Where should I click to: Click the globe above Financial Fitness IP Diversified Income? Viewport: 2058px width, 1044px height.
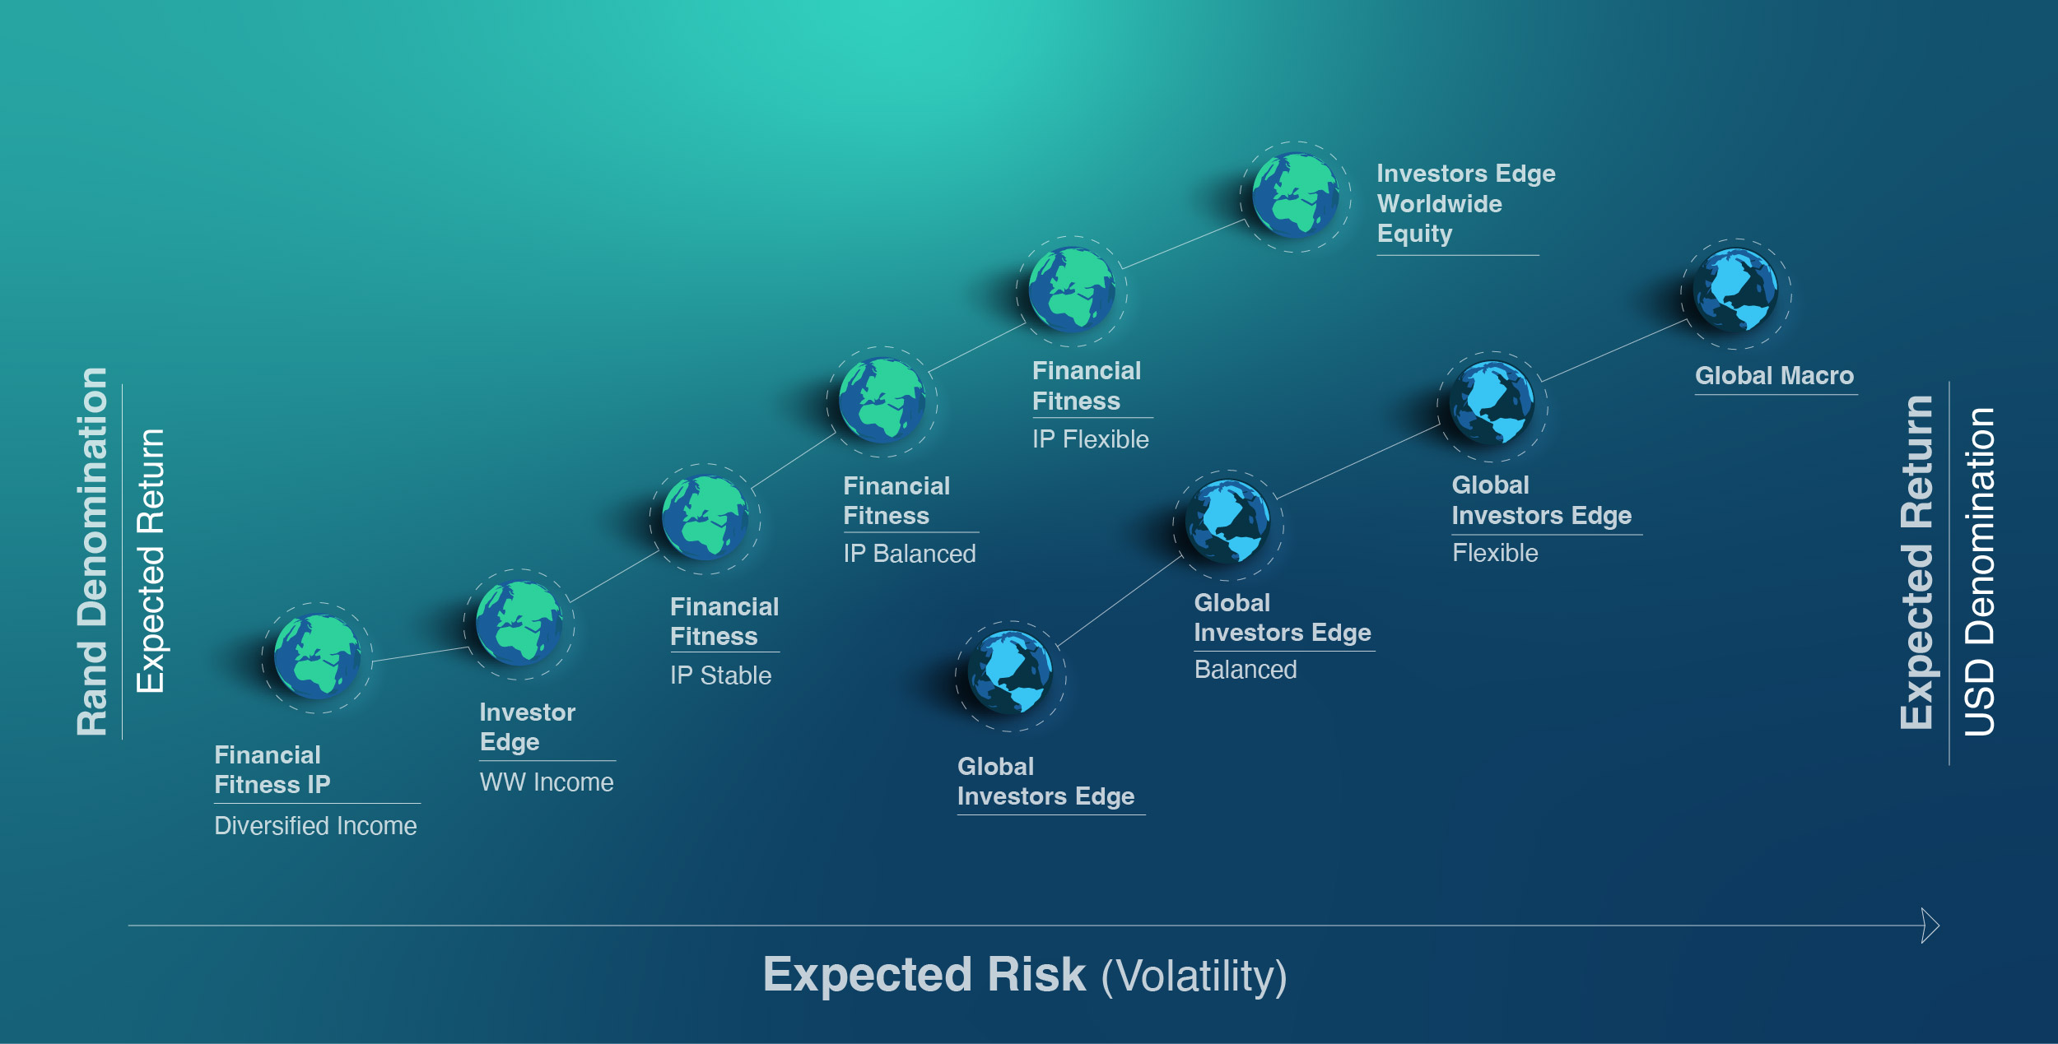[317, 657]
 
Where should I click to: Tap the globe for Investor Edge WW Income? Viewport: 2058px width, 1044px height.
[519, 624]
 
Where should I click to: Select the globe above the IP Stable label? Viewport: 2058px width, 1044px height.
[705, 519]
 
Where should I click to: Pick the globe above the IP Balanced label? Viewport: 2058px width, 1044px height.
[882, 401]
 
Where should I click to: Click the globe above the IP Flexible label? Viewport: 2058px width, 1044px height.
[1072, 290]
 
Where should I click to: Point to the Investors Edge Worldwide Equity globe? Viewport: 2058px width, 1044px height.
[1296, 196]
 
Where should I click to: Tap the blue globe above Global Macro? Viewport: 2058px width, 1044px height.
[1735, 290]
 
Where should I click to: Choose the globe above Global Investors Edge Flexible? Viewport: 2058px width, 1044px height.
[1492, 403]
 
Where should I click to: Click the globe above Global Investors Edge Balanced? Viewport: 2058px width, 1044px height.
[1227, 522]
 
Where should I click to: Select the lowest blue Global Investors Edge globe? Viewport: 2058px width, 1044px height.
[1010, 672]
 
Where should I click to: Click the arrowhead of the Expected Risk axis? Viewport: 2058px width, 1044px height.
[1930, 926]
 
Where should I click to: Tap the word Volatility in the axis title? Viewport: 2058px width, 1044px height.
[1194, 977]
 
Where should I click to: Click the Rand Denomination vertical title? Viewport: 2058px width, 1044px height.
[92, 551]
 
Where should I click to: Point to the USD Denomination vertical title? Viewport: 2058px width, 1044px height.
[1980, 572]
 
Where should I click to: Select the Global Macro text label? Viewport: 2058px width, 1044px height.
[1774, 376]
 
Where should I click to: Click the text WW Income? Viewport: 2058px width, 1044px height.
[547, 782]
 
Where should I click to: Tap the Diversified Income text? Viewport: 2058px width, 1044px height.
[315, 826]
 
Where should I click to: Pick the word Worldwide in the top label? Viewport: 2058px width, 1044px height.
[1440, 204]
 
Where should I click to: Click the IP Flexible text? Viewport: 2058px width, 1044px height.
[1091, 439]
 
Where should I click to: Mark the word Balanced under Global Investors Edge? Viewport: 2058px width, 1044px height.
[1246, 670]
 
